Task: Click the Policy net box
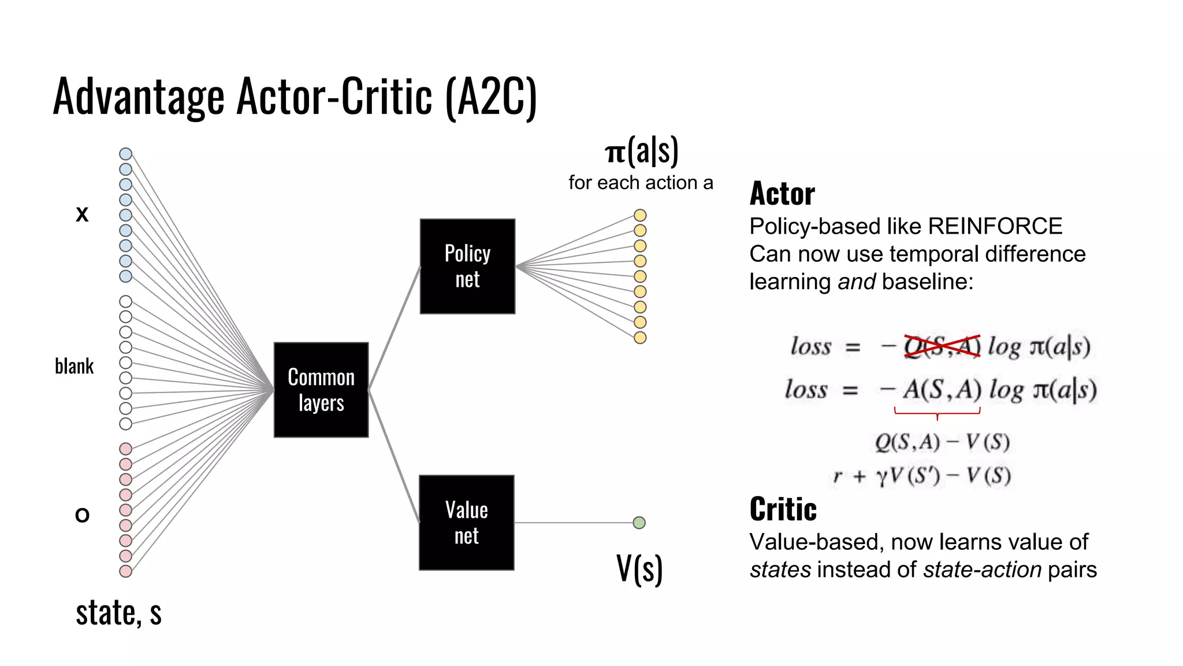tap(467, 267)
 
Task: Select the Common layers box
tap(321, 390)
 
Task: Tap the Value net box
tap(467, 523)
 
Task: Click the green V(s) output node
tap(639, 523)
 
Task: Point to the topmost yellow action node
tap(640, 215)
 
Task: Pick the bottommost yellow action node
tap(640, 338)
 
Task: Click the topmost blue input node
tap(125, 154)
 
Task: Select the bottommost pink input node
tap(125, 571)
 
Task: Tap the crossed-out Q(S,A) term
tap(942, 346)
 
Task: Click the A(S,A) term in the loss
tap(942, 390)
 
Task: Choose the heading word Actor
tap(782, 194)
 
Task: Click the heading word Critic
tap(783, 509)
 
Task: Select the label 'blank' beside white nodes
tap(74, 366)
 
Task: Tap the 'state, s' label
tap(118, 613)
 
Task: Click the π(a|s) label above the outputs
tap(641, 151)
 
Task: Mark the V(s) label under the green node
tap(639, 569)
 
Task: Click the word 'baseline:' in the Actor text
tap(928, 282)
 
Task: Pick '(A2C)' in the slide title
tap(491, 97)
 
